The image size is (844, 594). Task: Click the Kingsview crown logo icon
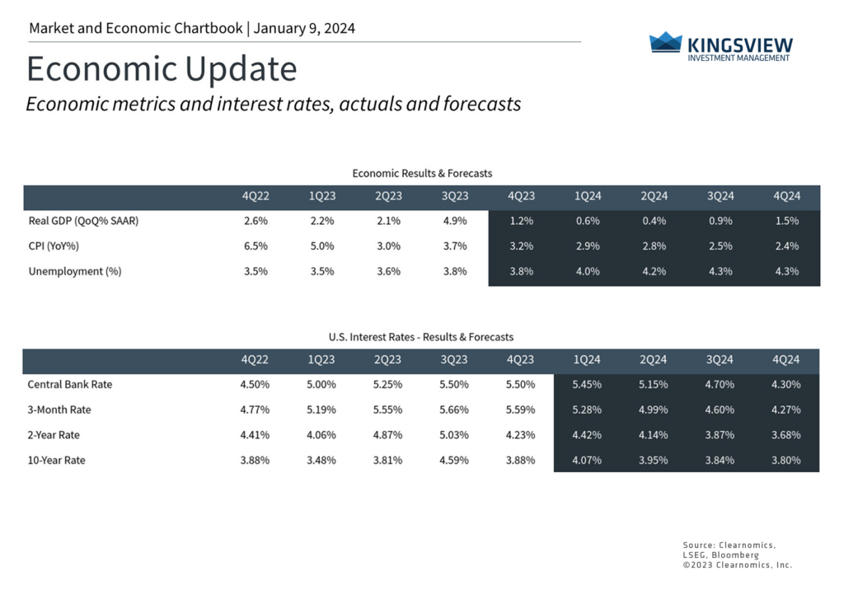[x=665, y=42]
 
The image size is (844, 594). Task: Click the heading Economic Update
[x=162, y=69]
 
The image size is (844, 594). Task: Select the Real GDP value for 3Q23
[x=454, y=221]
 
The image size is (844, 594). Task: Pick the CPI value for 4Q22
[x=255, y=246]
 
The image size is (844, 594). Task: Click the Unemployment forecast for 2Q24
[x=653, y=271]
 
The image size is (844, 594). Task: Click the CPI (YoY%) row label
[x=54, y=246]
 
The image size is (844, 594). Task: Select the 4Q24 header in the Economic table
[x=786, y=196]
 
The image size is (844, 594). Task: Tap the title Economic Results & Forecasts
[x=422, y=173]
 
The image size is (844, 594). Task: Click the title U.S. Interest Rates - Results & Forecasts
[x=421, y=337]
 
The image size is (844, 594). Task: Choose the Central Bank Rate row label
[x=69, y=384]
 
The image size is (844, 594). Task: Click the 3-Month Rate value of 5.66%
[x=454, y=409]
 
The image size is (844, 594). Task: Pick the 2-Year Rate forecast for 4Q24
[x=785, y=435]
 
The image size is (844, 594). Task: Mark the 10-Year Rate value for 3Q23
[x=454, y=460]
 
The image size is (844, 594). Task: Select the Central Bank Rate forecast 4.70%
[x=720, y=384]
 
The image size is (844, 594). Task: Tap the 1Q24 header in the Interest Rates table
[x=587, y=360]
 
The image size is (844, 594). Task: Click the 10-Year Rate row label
[x=56, y=460]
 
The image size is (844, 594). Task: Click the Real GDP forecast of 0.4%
[x=653, y=221]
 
